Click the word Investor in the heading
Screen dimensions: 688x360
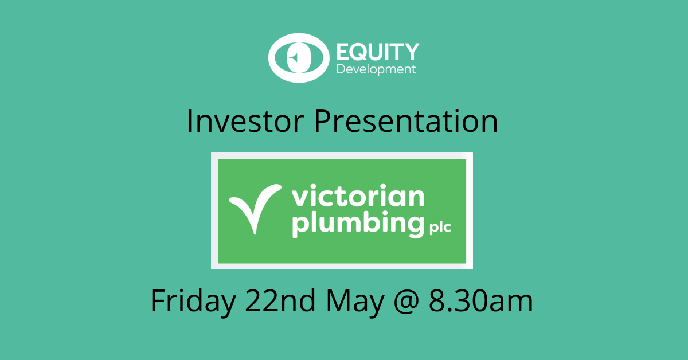245,121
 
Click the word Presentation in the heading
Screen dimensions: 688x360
405,121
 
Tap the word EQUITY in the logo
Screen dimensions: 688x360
378,52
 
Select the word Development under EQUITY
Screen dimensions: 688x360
376,70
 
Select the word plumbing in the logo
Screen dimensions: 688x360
358,224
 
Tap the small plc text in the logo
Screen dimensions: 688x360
440,228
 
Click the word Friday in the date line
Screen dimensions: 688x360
193,301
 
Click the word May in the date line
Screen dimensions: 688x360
355,302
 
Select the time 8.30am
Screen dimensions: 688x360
480,301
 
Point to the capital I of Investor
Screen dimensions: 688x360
190,121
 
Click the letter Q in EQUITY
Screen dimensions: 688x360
359,52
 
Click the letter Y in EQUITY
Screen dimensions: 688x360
412,52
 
